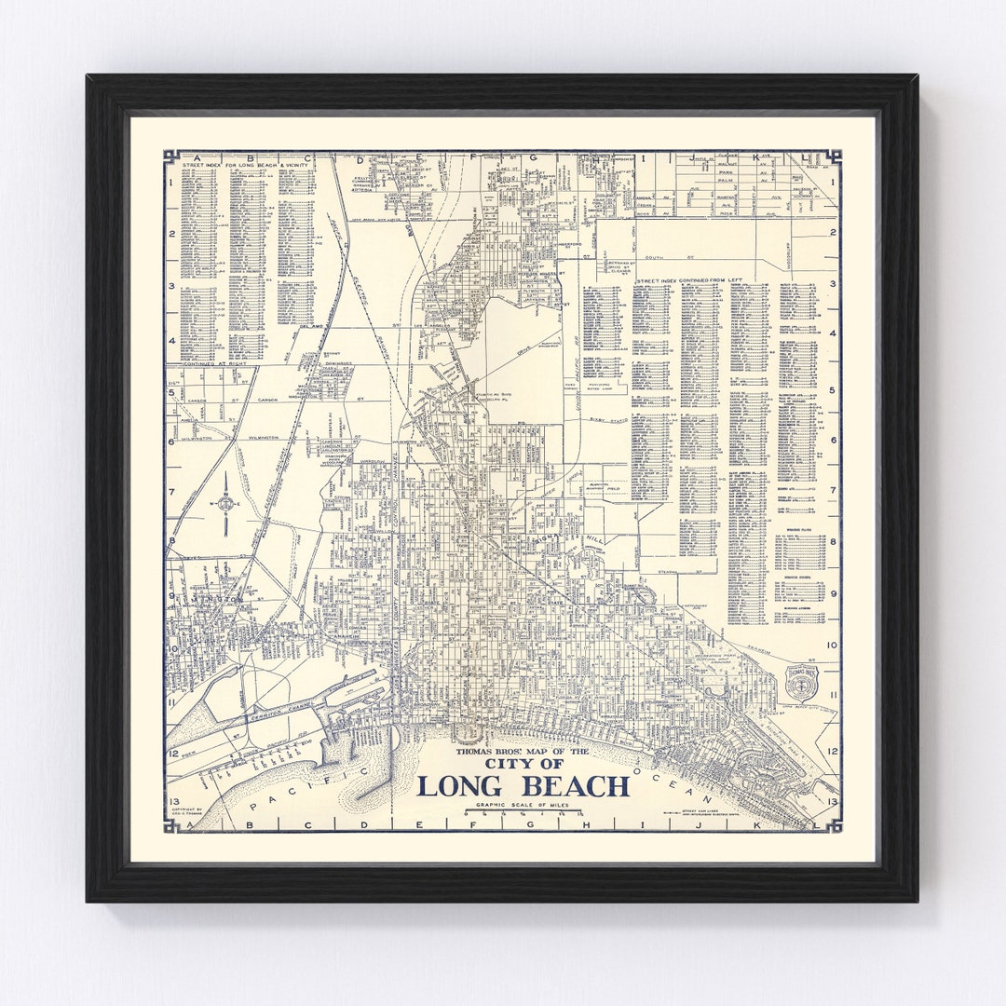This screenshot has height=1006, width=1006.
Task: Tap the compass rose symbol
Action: click(226, 504)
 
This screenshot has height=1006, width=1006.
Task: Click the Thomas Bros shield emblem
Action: click(799, 685)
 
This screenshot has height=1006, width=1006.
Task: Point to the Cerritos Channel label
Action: click(279, 718)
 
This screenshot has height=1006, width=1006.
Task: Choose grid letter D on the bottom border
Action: click(348, 824)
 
